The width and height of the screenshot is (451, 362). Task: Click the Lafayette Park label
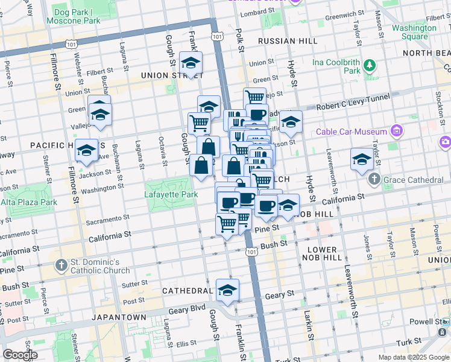(x=171, y=195)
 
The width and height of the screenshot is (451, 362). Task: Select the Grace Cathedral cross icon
(x=374, y=179)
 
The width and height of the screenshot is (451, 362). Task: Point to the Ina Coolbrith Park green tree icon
(x=369, y=65)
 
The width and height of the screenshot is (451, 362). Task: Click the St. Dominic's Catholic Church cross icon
(x=61, y=265)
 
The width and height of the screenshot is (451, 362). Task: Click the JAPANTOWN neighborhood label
(x=119, y=317)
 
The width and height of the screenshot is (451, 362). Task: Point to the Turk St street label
(x=409, y=342)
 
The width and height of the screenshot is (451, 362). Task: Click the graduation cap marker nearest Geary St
(x=227, y=290)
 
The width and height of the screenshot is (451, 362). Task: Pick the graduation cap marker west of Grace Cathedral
(x=362, y=159)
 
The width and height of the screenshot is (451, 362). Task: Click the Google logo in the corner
(x=20, y=355)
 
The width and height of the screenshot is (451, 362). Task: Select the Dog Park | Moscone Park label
(x=77, y=16)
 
